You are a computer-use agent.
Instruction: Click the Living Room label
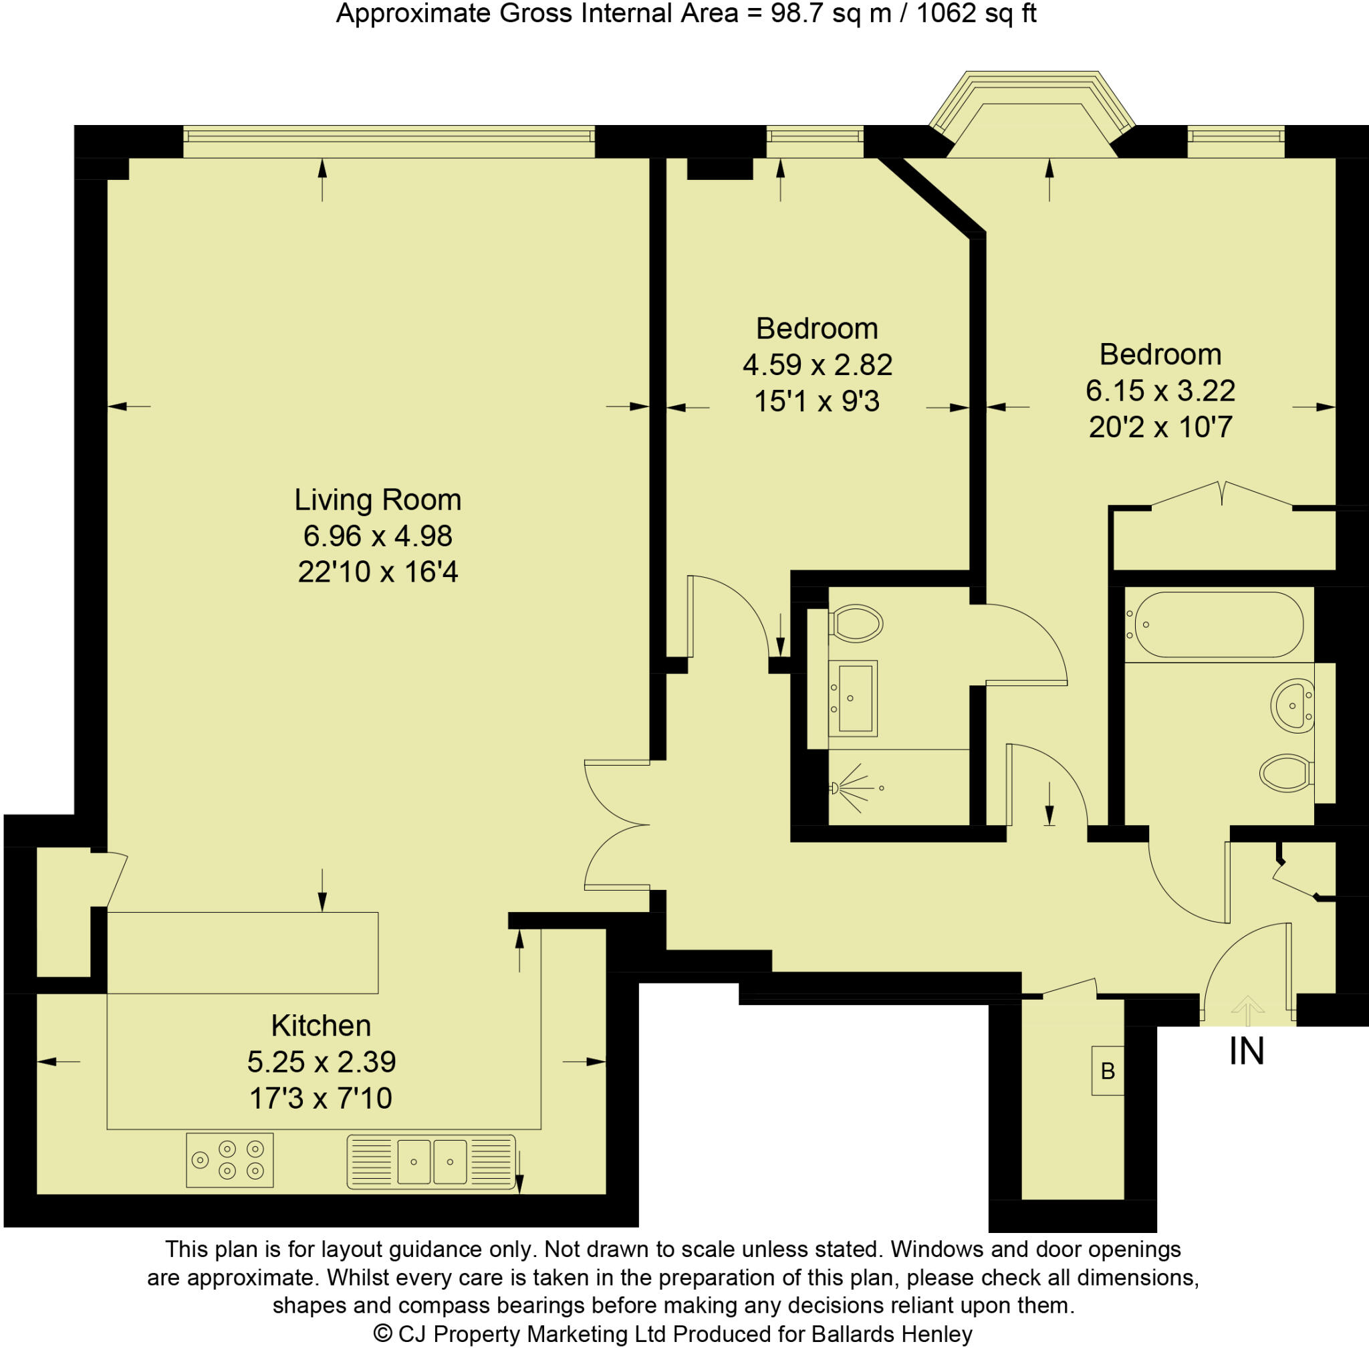tap(378, 500)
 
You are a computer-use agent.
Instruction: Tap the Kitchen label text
tap(320, 1026)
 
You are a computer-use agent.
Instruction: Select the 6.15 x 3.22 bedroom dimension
tap(1160, 390)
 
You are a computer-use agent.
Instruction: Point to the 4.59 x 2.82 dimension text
tap(817, 365)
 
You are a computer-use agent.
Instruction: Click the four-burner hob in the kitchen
tap(229, 1160)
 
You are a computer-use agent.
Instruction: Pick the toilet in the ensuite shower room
tap(856, 624)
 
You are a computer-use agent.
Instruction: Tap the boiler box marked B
tap(1108, 1071)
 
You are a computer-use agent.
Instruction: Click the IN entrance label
tap(1247, 1052)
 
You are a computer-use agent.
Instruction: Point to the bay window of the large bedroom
tap(1031, 114)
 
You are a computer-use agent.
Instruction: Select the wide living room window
tap(388, 141)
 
